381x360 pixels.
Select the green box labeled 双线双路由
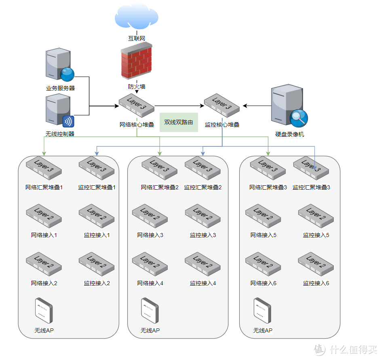pyautogui.click(x=179, y=122)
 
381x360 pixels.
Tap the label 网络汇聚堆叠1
pyautogui.click(x=44, y=188)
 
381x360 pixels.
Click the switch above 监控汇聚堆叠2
pyautogui.click(x=202, y=168)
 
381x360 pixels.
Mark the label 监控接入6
pyautogui.click(x=316, y=283)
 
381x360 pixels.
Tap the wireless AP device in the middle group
pyautogui.click(x=150, y=311)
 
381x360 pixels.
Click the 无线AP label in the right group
pyautogui.click(x=263, y=330)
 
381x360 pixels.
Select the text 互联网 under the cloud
pyautogui.click(x=137, y=38)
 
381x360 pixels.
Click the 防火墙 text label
pyautogui.click(x=137, y=87)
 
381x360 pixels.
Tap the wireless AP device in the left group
pyautogui.click(x=44, y=311)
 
